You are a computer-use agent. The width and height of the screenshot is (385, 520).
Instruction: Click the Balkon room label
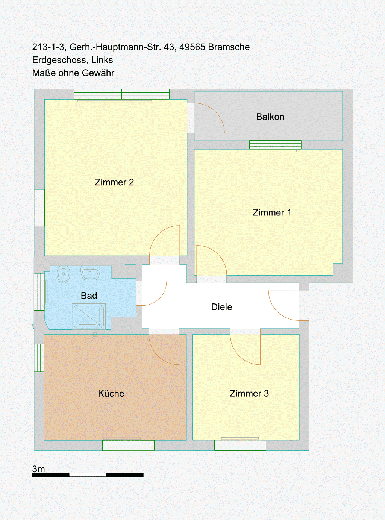coord(270,117)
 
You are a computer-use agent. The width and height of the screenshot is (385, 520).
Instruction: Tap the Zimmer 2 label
coord(114,182)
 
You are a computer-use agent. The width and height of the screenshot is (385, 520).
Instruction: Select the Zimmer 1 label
coord(272,212)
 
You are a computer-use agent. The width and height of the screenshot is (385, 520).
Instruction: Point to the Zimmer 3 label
coord(249,393)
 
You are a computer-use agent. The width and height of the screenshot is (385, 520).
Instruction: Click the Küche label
coord(111,393)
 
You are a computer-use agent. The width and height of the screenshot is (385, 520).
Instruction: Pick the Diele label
coord(221,307)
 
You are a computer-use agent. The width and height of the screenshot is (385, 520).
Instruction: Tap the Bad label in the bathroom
coord(89,296)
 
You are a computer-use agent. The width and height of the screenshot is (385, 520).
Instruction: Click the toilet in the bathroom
coord(63,274)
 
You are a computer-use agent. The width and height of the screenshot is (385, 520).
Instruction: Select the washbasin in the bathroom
coord(90,273)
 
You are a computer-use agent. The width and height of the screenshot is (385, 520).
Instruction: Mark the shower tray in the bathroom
coord(89,316)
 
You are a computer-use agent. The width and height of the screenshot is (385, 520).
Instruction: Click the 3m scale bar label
coord(38,469)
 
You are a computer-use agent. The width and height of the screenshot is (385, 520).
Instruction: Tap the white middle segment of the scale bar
coord(88,475)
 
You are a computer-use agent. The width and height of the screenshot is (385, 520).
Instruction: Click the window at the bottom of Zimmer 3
coord(240,445)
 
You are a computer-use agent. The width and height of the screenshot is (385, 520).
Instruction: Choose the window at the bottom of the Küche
coord(128,445)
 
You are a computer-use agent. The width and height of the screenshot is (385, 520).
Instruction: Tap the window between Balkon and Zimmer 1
coord(275,145)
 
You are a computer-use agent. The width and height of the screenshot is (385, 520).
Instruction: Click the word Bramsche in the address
coord(229,47)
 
